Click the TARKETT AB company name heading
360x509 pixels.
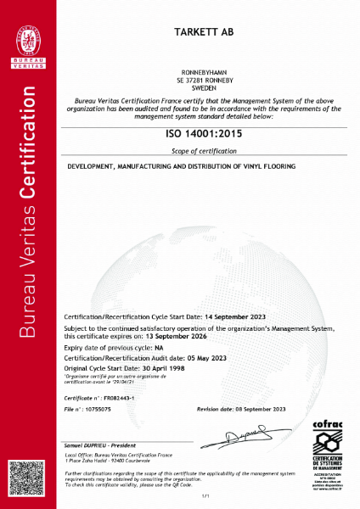click(x=206, y=31)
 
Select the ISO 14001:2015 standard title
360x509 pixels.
click(x=206, y=134)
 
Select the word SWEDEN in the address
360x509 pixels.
click(x=206, y=87)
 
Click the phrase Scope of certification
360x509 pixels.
click(x=206, y=150)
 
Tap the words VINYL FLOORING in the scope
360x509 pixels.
click(x=271, y=166)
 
